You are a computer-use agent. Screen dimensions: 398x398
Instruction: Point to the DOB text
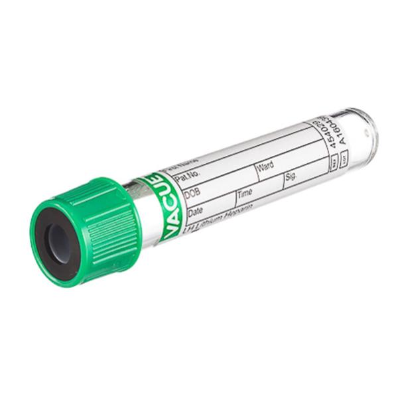point(192,195)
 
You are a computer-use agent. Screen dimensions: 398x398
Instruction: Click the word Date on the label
point(196,213)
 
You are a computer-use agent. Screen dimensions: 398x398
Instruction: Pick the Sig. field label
point(291,177)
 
